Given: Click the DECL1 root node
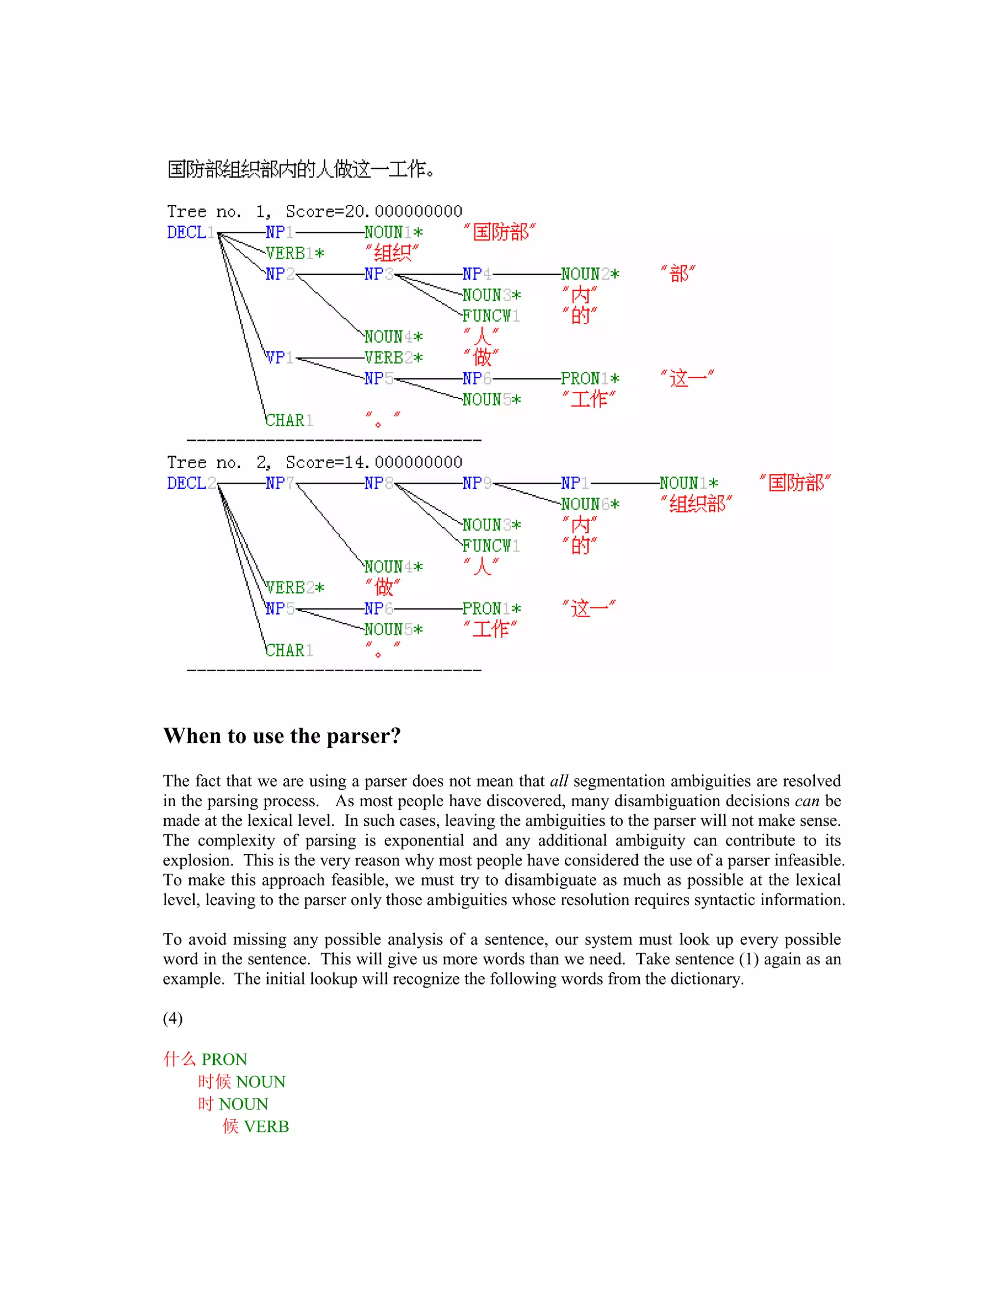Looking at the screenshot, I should point(190,232).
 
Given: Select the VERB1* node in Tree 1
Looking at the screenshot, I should point(295,253).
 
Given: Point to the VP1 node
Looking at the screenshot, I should point(279,358).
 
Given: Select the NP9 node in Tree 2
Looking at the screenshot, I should point(477,483).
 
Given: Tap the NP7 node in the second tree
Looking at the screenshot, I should point(279,483).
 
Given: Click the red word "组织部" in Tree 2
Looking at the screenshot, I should point(697,504).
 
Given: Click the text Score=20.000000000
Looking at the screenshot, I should point(374,212).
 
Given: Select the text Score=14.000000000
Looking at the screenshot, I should point(374,462).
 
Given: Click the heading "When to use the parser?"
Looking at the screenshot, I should point(282,736).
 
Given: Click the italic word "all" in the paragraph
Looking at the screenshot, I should point(558,781).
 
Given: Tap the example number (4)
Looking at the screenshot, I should point(173,1018).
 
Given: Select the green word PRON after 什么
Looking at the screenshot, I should point(224,1059).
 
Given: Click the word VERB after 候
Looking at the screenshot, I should point(267,1126).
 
